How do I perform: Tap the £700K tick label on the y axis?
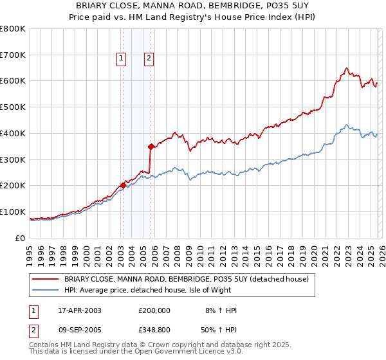pos(13,55)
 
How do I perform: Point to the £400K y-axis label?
pos(13,134)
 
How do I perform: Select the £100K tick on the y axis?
pos(13,212)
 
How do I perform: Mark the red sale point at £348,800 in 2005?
pos(151,147)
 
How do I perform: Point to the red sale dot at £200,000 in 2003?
pos(123,186)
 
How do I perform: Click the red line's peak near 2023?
pos(347,68)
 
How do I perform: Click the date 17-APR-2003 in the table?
pos(79,310)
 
